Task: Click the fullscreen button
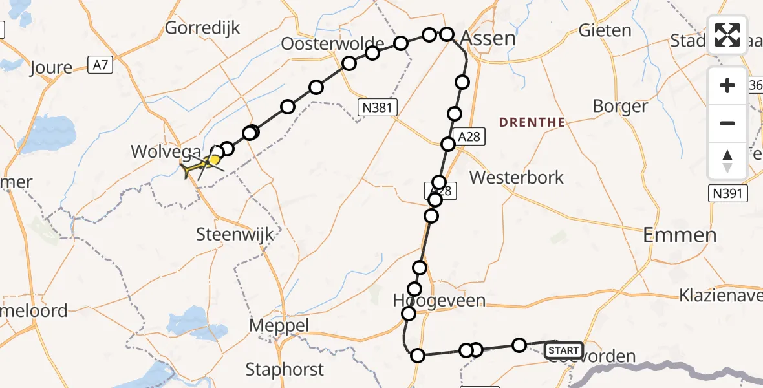[x=727, y=35]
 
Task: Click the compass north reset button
[x=727, y=160]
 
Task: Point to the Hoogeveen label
[x=439, y=301]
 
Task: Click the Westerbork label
[x=517, y=177]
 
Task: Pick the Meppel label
[x=279, y=326]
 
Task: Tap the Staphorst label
[x=284, y=369]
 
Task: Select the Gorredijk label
[x=202, y=28]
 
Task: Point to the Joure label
[x=51, y=68]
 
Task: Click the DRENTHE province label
[x=532, y=122]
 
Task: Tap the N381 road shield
[x=377, y=107]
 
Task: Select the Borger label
[x=620, y=106]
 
